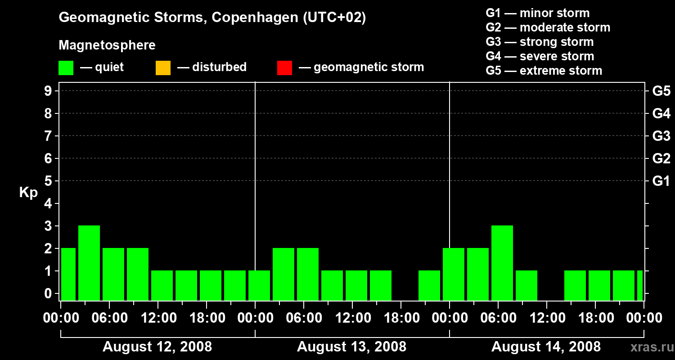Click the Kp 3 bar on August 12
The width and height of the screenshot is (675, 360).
point(89,263)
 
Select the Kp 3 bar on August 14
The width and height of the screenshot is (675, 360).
point(502,263)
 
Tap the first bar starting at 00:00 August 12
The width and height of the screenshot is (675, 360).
point(68,274)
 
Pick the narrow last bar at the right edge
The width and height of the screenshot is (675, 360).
point(640,285)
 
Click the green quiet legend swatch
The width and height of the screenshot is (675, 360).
point(66,68)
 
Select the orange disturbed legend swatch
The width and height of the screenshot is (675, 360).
point(163,68)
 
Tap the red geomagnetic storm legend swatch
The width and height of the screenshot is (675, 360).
point(284,68)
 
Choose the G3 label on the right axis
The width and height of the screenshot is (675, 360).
point(661,136)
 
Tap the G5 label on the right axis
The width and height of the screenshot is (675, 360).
point(661,91)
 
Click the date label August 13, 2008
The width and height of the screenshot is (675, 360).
point(351,347)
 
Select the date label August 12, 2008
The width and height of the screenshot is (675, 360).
point(157,347)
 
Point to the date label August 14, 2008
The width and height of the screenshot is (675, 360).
point(546,347)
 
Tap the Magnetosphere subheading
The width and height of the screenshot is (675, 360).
point(107,45)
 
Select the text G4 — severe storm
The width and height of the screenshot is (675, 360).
point(540,56)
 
